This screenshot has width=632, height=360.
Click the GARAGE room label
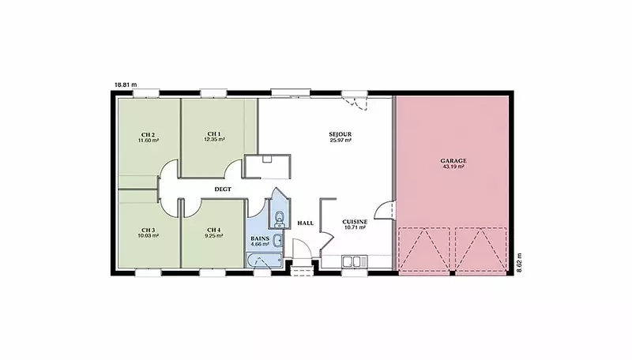(453, 161)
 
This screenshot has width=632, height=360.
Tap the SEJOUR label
(340, 134)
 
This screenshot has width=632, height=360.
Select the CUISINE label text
(355, 222)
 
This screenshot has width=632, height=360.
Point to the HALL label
(306, 223)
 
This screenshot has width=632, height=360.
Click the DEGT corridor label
(223, 189)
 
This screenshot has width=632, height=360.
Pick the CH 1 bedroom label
(214, 133)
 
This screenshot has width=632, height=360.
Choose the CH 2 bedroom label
(148, 134)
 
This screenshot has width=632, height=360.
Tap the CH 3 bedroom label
(148, 231)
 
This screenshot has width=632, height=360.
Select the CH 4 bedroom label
(213, 231)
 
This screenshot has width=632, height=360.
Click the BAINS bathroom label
(260, 238)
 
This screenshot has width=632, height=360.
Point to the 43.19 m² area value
(453, 167)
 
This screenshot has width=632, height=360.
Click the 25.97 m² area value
(340, 141)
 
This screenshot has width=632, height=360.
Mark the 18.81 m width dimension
(126, 85)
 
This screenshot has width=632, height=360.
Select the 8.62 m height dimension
(519, 263)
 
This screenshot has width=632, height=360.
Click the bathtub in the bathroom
(264, 261)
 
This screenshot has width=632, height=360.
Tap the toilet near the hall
(279, 218)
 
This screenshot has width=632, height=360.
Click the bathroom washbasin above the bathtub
(278, 241)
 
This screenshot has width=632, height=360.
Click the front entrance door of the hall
(301, 249)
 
